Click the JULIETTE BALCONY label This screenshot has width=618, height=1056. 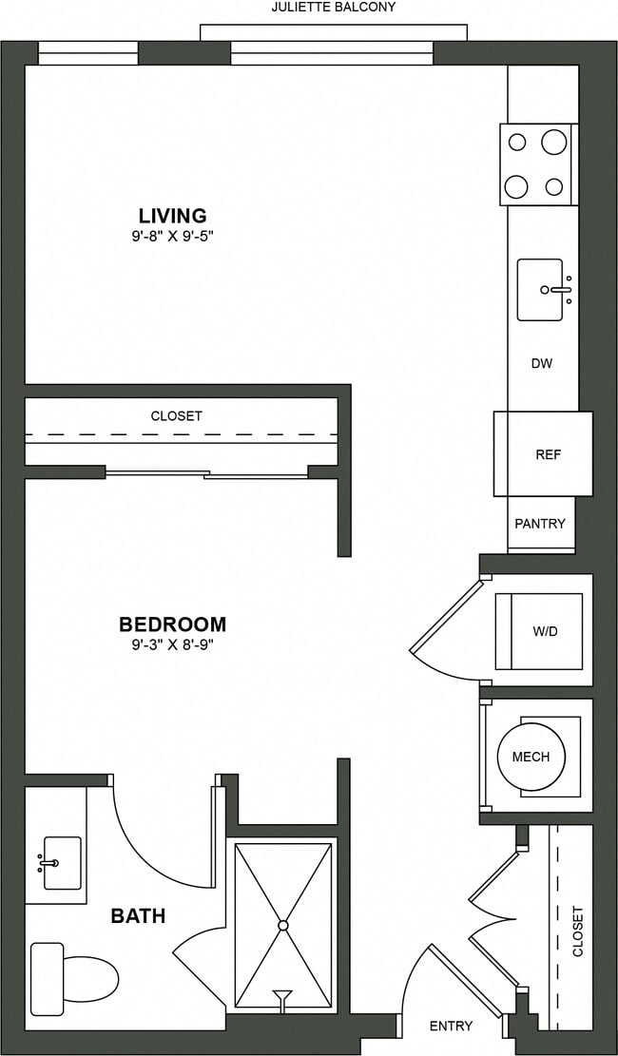point(333,7)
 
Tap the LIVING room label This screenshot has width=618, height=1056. point(172,216)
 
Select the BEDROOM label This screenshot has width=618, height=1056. point(172,624)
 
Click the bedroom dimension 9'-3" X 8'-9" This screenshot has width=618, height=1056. point(172,643)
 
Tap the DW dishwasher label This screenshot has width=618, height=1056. point(542,363)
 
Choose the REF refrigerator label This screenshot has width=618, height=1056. point(548,454)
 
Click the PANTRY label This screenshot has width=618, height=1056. point(540,524)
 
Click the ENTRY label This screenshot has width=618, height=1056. point(451,1026)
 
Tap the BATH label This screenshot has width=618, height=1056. point(138,916)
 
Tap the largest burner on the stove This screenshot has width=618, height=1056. point(554,143)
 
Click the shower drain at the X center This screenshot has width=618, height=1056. point(282,924)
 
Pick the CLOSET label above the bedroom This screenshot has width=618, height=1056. point(176,416)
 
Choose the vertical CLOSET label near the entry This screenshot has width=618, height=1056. point(578,931)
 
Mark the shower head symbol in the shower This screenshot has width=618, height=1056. point(282,997)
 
